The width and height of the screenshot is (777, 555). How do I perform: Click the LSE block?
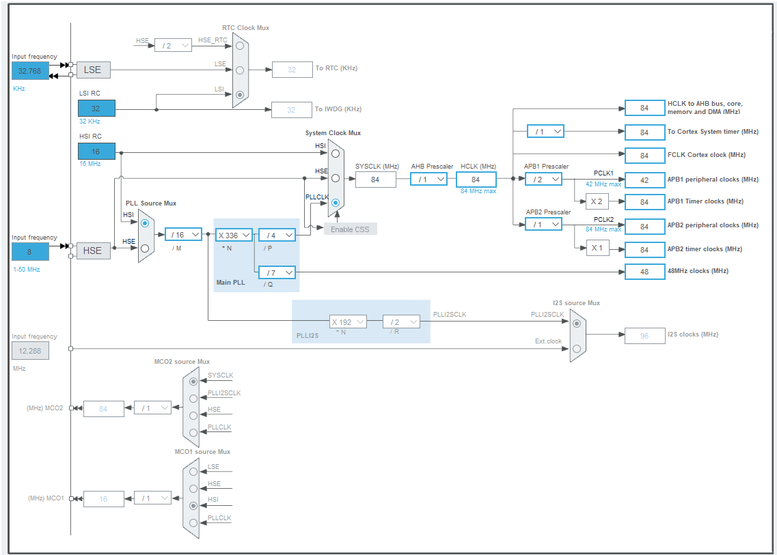[x=93, y=70]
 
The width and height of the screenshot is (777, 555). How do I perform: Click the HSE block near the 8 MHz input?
[x=93, y=251]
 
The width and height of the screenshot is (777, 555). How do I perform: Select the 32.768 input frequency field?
[x=30, y=71]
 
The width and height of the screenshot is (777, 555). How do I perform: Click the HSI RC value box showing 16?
[x=96, y=151]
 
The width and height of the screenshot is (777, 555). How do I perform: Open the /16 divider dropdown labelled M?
[x=183, y=235]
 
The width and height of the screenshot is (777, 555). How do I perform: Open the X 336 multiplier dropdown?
[x=234, y=235]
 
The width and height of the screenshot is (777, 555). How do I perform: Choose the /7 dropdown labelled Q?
[x=277, y=272]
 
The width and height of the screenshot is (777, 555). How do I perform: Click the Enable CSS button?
[x=350, y=229]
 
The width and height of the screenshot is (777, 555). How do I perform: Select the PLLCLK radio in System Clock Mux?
[x=336, y=203]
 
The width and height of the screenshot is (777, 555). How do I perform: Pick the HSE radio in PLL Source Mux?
[x=144, y=249]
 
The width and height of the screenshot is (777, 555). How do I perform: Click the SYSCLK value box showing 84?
[x=375, y=180]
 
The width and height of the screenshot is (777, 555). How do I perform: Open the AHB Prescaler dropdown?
[x=428, y=180]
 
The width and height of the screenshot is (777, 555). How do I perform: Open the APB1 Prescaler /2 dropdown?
[x=543, y=180]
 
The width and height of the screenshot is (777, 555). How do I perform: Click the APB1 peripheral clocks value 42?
[x=644, y=180]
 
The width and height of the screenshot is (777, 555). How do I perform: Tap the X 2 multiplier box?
[x=597, y=201]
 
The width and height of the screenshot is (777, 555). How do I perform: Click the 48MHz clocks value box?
[x=644, y=272]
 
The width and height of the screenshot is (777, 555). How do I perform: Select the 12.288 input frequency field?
[x=30, y=351]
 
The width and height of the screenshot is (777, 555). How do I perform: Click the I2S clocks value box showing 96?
[x=644, y=335]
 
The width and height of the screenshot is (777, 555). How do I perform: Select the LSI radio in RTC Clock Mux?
[x=239, y=95]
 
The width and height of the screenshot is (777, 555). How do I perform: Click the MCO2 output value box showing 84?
[x=104, y=409]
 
